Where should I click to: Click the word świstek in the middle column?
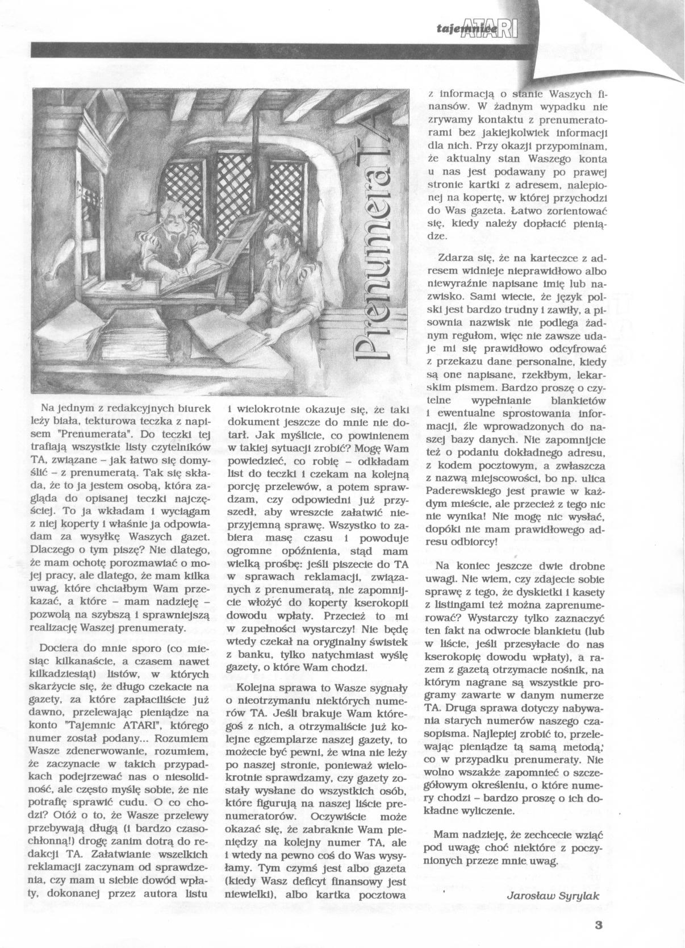click(x=382, y=642)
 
